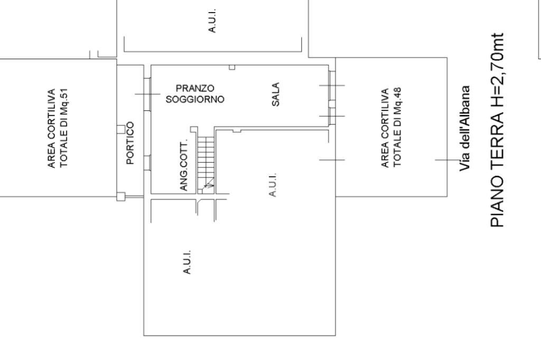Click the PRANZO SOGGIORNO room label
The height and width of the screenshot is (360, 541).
coord(194,93)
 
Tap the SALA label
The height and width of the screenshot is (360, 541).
coord(275,93)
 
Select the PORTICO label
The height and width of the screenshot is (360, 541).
coord(130,143)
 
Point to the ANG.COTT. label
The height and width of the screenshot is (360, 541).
coord(184,167)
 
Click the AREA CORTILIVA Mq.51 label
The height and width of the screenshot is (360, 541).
coord(58,128)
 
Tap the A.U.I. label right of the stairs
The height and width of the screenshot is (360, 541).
coord(273,185)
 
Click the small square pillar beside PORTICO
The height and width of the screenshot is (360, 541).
coord(120,129)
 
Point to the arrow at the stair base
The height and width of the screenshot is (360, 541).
coord(209,184)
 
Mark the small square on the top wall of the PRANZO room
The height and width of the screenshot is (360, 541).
coord(231,67)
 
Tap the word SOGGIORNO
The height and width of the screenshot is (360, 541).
coord(194,99)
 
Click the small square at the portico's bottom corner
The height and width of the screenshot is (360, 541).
coord(120,197)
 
